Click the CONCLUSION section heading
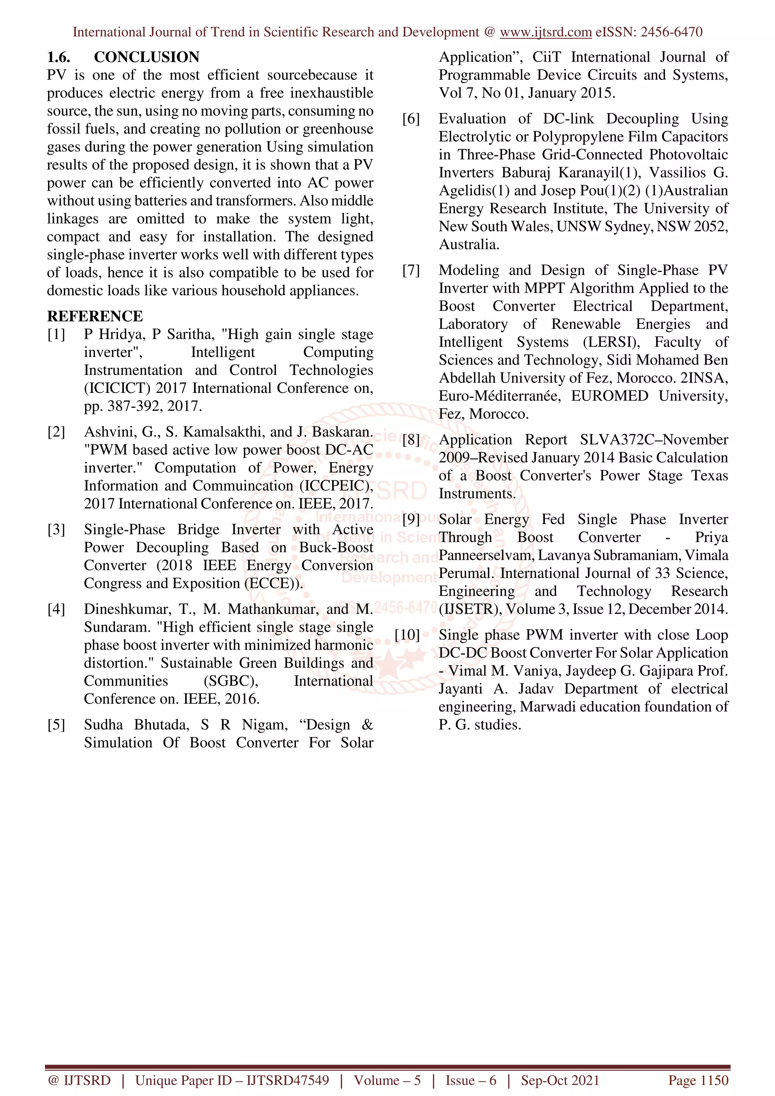tap(146, 57)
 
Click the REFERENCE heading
tap(95, 316)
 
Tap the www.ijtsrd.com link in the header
tap(545, 32)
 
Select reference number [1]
tap(56, 334)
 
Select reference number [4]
tap(56, 609)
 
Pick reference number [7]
tap(411, 270)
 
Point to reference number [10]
tap(407, 635)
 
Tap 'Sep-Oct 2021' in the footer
tap(560, 1080)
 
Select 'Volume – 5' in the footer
tap(387, 1080)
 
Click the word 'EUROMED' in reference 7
tap(609, 396)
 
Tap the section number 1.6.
tap(59, 57)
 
